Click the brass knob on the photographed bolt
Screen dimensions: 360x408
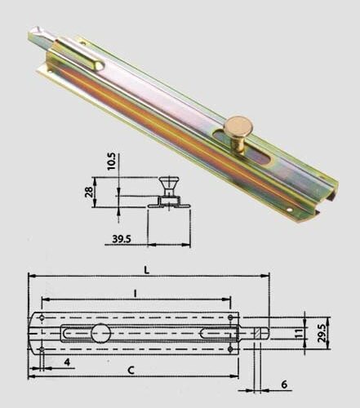tap(238, 133)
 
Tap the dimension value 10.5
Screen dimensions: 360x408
tap(112, 162)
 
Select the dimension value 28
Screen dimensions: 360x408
tap(89, 192)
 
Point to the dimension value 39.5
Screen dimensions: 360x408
tap(122, 239)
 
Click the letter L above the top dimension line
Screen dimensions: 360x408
tap(147, 270)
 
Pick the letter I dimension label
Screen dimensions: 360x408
tap(135, 294)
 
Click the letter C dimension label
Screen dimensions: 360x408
tap(131, 370)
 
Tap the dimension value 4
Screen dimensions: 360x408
tap(67, 362)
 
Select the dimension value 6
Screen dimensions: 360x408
tap(284, 384)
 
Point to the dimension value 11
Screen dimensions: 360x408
tap(299, 333)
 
